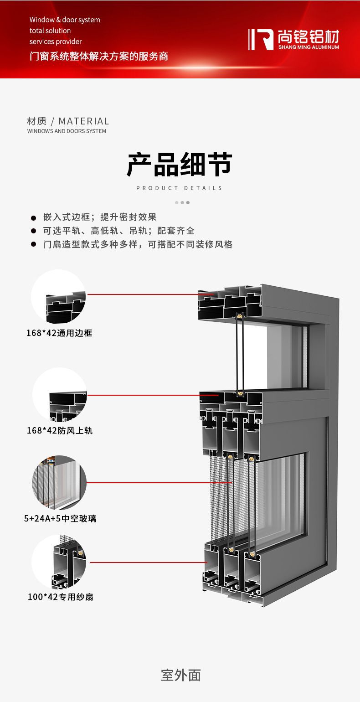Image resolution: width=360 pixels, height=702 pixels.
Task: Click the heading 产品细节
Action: pos(180,165)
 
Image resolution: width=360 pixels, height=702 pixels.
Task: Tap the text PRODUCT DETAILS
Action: pos(180,188)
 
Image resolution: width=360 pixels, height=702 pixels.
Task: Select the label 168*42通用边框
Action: pos(59,333)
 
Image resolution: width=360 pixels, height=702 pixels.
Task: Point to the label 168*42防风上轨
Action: pos(60,430)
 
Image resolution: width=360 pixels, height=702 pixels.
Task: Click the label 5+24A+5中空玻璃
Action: pos(60,519)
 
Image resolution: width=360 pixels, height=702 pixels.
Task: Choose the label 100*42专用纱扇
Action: pos(61,597)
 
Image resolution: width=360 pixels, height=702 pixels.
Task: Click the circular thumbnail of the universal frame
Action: pos(58,296)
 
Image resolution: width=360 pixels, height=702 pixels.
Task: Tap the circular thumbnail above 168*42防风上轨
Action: pos(60,395)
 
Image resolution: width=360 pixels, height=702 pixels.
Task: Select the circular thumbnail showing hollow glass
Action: pos(59,482)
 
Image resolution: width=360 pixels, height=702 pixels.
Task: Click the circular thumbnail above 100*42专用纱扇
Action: pos(59,562)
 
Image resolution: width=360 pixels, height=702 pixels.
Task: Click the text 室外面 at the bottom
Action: pos(180,675)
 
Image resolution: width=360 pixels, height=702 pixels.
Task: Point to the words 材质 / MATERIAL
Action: pos(68,121)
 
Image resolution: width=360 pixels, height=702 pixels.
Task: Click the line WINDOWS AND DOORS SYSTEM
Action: pos(67,131)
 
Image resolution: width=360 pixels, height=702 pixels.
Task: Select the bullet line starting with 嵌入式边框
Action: pos(100,217)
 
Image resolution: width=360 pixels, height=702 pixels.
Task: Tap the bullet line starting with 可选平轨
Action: pos(119,231)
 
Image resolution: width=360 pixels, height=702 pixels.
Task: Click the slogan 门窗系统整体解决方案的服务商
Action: pos(99,57)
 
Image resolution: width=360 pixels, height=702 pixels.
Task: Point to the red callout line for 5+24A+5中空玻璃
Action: pos(159,482)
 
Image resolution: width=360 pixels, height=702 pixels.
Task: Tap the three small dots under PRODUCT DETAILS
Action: pos(182,202)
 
